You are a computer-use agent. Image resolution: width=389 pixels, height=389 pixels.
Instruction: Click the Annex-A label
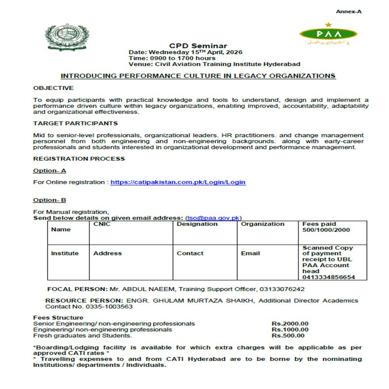coord(349,12)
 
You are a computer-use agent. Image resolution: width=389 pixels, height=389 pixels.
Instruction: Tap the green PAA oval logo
coord(328,33)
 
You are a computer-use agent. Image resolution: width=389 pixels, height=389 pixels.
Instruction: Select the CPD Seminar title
coord(198,46)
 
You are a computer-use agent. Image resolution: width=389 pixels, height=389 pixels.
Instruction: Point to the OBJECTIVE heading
coord(53,88)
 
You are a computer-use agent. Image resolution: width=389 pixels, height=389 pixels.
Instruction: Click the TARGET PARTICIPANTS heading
coord(75,123)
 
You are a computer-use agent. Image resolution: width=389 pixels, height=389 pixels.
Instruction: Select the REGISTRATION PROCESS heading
coord(79,159)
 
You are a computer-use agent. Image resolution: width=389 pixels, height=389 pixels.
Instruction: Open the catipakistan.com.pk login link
coord(178,182)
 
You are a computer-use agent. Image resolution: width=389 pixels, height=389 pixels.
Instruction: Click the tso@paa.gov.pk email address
coord(213,218)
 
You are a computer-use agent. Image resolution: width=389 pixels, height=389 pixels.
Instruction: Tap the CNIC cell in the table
coord(102,224)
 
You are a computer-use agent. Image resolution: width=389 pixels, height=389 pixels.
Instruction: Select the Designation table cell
coord(197,224)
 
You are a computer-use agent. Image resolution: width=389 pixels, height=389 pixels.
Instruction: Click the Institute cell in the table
coord(65,253)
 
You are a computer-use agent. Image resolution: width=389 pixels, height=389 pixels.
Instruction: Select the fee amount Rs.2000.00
coord(290,324)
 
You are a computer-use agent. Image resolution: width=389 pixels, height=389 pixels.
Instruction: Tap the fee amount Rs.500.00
coord(288,335)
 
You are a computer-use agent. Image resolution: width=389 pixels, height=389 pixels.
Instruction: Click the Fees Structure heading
coord(58,317)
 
